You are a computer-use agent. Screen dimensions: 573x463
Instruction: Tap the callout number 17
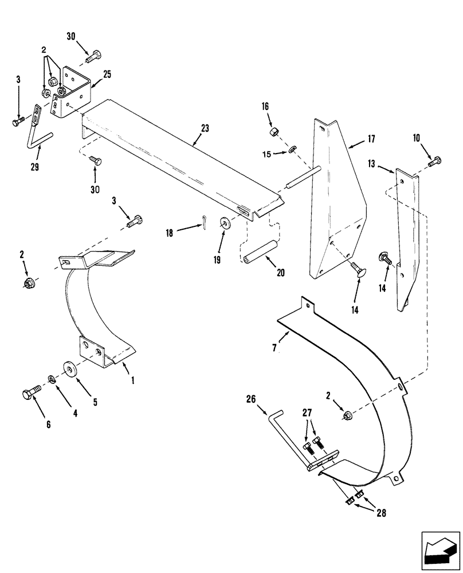371,139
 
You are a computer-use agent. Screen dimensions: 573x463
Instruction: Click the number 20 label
281,273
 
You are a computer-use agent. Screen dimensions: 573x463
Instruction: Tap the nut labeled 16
274,133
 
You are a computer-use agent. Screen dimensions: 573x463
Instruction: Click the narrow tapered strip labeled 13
408,241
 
